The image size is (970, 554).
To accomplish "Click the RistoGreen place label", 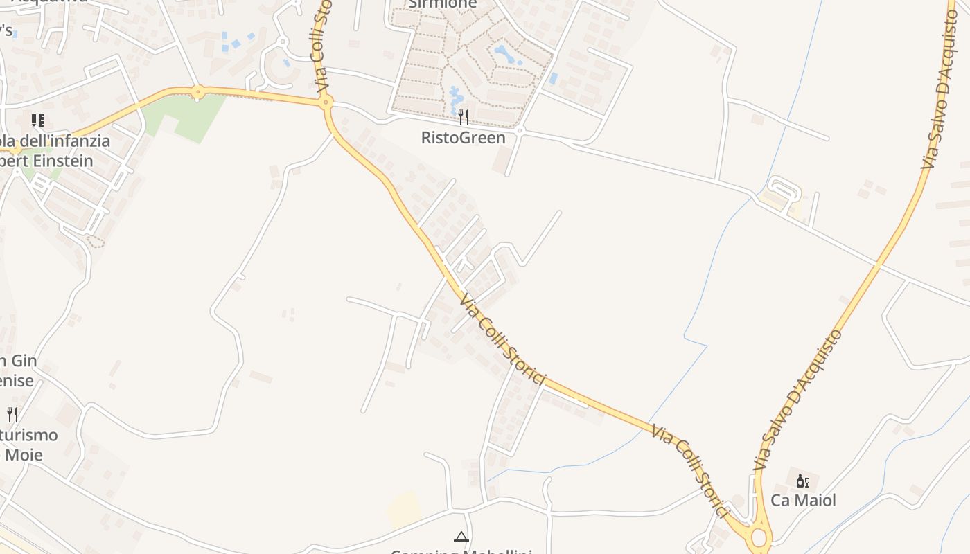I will tap(463, 138).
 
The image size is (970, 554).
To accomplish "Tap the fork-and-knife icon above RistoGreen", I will tap(464, 116).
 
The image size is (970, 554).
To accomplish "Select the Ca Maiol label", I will tap(803, 500).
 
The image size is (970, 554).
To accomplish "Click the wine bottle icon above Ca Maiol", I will tap(802, 481).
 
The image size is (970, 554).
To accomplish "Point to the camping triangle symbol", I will tap(461, 536).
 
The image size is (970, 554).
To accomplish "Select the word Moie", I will tap(24, 455).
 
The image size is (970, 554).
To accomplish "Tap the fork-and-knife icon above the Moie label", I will tap(12, 415).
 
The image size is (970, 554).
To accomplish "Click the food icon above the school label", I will tap(38, 120).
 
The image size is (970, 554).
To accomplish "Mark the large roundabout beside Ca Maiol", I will tap(759, 537).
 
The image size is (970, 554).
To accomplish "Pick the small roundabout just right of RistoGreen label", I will tap(519, 130).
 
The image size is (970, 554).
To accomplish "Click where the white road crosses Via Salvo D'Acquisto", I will tap(878, 264).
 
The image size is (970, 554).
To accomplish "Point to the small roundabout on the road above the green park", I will tap(198, 91).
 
